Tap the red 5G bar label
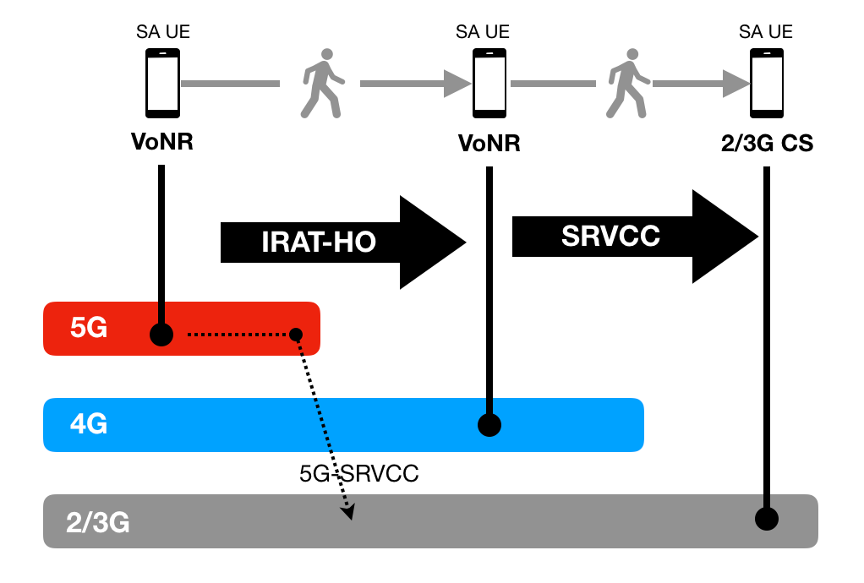[89, 329]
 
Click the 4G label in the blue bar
[89, 424]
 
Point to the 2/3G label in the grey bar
[98, 522]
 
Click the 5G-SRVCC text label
[359, 474]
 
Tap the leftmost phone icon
[162, 83]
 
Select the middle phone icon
[489, 83]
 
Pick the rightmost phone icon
[766, 83]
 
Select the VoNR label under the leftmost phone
[162, 142]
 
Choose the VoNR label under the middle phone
[489, 144]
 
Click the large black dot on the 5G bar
[161, 335]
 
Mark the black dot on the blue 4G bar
[489, 425]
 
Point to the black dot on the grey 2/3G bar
[766, 518]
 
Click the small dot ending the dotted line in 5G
[296, 335]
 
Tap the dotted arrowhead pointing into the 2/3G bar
[347, 511]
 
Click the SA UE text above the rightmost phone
[766, 32]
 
